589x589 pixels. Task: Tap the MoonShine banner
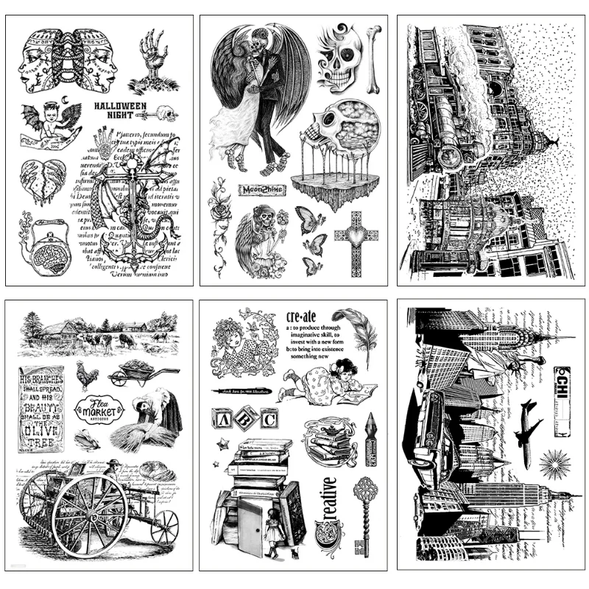click(261, 190)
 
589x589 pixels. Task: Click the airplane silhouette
click(528, 423)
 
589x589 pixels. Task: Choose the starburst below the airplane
click(553, 465)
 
